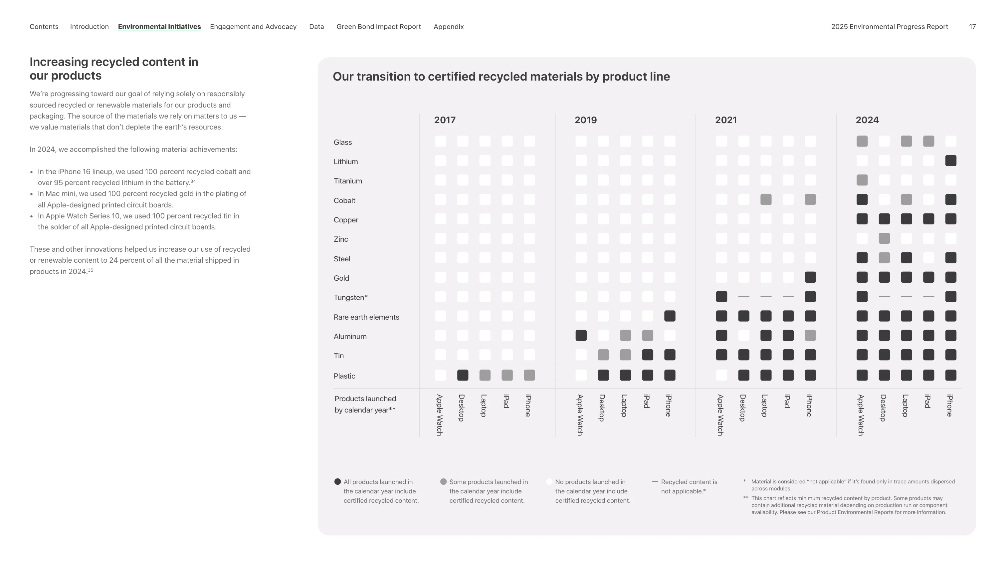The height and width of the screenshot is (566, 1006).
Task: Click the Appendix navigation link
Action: [x=448, y=27]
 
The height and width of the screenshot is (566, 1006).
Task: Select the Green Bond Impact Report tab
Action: [x=378, y=27]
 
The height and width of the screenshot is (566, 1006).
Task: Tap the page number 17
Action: [x=972, y=27]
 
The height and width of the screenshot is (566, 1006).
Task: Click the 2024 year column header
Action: [x=867, y=120]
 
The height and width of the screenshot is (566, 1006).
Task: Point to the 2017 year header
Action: [x=445, y=120]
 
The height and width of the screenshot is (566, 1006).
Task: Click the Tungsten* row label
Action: [x=350, y=297]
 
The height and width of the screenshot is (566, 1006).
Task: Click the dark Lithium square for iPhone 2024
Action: [x=950, y=160]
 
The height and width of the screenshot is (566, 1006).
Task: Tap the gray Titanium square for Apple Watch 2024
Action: [x=862, y=180]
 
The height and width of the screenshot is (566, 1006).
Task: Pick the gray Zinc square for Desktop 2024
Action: [x=884, y=238]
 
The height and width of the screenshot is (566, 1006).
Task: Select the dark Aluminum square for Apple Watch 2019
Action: [x=581, y=335]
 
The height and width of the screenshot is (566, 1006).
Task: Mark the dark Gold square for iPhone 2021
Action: [x=810, y=277]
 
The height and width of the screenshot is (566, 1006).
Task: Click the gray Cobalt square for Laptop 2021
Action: [x=766, y=200]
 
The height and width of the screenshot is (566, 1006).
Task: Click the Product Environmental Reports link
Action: [x=855, y=512]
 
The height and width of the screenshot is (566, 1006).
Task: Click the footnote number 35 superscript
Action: [x=91, y=270]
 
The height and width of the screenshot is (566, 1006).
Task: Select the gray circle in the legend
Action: [x=443, y=482]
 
